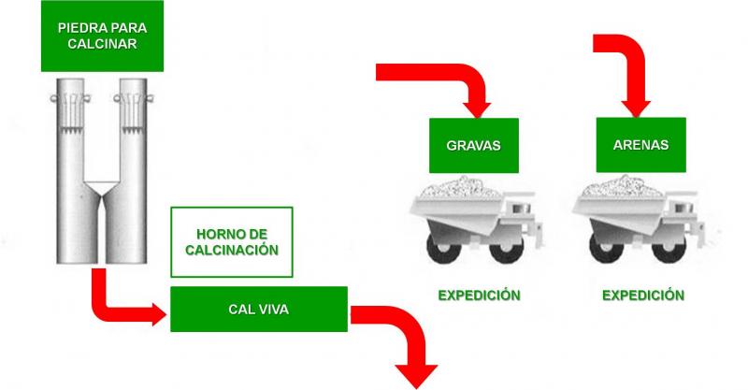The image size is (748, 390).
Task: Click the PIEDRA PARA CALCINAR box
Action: tap(102, 36)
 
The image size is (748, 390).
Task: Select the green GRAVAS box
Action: tap(474, 146)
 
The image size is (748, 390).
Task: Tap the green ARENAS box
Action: tap(640, 145)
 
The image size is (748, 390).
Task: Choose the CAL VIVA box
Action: tap(259, 310)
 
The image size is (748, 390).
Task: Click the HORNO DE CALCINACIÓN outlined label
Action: tap(232, 242)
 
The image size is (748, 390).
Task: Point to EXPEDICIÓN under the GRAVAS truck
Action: tap(480, 295)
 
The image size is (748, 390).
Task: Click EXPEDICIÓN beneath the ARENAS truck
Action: tap(643, 295)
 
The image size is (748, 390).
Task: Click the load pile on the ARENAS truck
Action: tap(623, 187)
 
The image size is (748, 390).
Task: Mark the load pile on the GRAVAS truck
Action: tap(461, 187)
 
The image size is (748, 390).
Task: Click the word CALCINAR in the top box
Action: tap(102, 43)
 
